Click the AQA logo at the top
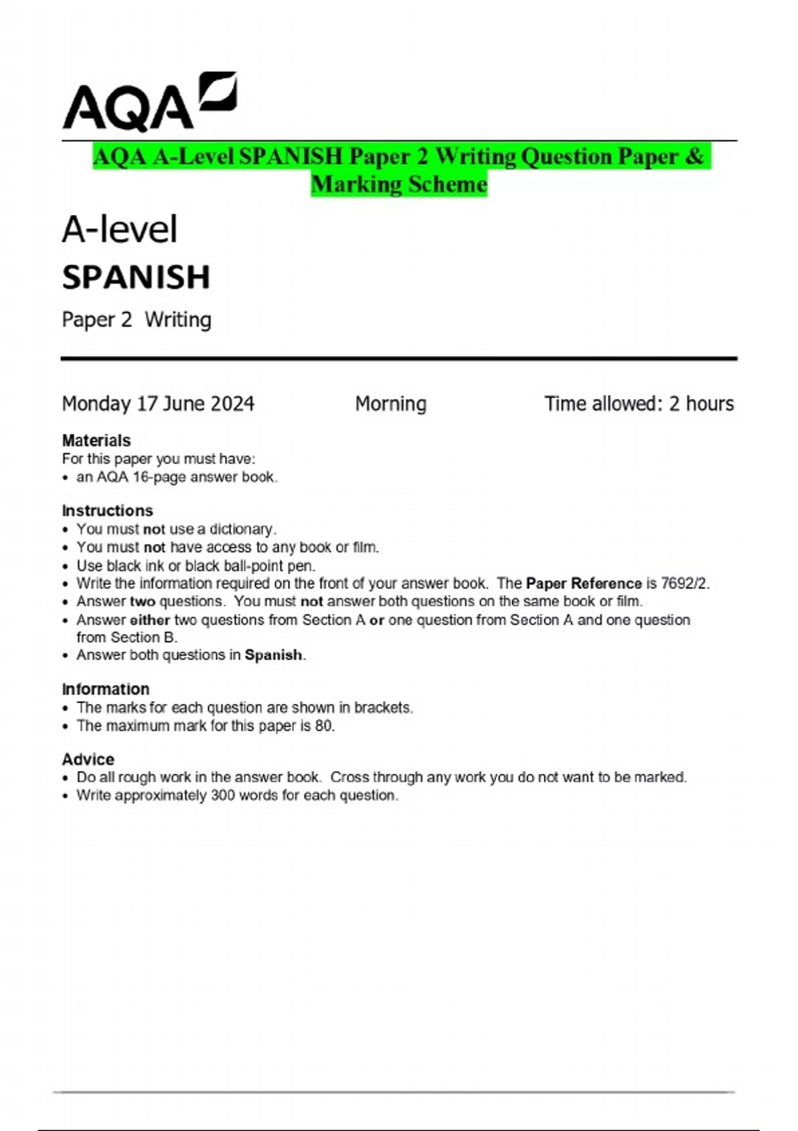tap(149, 102)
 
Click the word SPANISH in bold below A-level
tap(136, 277)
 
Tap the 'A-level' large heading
tap(120, 230)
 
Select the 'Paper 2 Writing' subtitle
tap(136, 320)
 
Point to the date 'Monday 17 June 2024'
tap(158, 404)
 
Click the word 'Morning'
tap(391, 404)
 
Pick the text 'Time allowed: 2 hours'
tap(639, 404)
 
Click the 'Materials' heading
tap(96, 440)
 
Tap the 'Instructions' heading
tap(108, 510)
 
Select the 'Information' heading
tap(106, 689)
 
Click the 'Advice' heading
tap(88, 759)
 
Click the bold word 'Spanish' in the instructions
tap(273, 655)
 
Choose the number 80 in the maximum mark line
tap(324, 726)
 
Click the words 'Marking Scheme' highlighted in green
tap(399, 184)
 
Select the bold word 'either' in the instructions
tap(150, 620)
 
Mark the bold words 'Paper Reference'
tap(584, 583)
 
